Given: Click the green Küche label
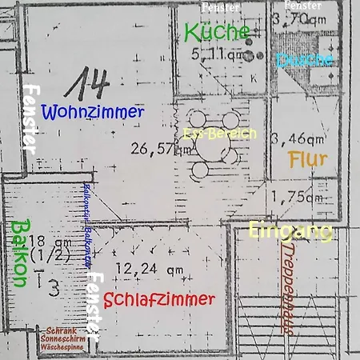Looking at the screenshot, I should pyautogui.click(x=217, y=32).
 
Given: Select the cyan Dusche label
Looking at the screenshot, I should pyautogui.click(x=304, y=59).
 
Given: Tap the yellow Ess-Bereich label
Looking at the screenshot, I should pyautogui.click(x=220, y=134).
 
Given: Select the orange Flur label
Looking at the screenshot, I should pyautogui.click(x=307, y=160).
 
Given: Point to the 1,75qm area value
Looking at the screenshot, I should pyautogui.click(x=297, y=197).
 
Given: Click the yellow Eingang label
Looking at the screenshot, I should pyautogui.click(x=290, y=231).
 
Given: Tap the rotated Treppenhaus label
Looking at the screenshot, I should pyautogui.click(x=286, y=288).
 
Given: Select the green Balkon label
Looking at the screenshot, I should pyautogui.click(x=19, y=253).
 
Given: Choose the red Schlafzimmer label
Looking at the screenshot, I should pyautogui.click(x=159, y=300).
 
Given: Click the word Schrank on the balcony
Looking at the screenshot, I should pyautogui.click(x=61, y=330).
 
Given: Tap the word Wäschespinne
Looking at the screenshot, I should pyautogui.click(x=61, y=350).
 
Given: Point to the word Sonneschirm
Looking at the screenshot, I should pyautogui.click(x=61, y=340).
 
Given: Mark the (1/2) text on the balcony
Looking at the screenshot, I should pyautogui.click(x=45, y=258).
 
